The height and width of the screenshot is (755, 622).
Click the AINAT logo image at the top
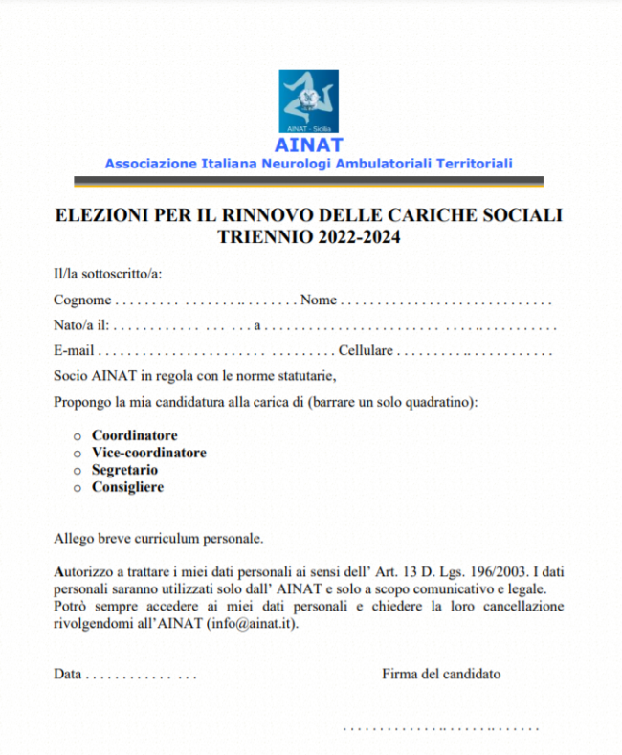tap(308, 101)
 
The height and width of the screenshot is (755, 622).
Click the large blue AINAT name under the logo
tap(308, 145)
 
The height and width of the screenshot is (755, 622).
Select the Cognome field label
tap(82, 300)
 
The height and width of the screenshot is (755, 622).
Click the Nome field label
tap(319, 300)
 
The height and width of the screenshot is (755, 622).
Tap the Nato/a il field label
tap(80, 325)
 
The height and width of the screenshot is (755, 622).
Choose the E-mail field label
tap(74, 351)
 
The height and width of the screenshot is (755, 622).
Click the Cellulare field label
tap(365, 351)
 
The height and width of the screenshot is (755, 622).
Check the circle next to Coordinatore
tap(78, 436)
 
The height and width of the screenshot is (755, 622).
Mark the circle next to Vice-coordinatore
tap(78, 454)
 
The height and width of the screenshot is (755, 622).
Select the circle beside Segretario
tap(78, 471)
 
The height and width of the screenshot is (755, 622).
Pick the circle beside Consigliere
tap(78, 488)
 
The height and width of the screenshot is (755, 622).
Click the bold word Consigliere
tap(127, 487)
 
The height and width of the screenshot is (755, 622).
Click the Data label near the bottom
tap(67, 674)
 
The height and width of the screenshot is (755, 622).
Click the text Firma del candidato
tap(440, 674)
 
